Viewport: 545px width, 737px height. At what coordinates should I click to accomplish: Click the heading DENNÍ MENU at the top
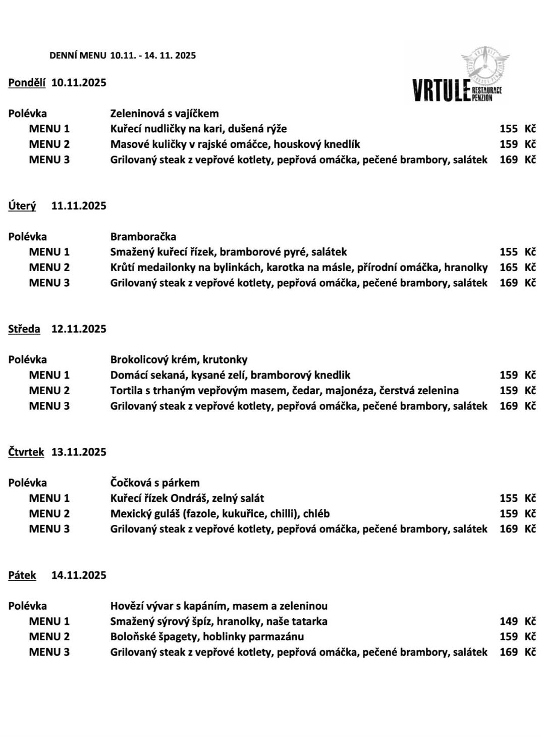(x=78, y=56)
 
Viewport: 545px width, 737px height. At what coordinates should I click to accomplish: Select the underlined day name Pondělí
(x=27, y=83)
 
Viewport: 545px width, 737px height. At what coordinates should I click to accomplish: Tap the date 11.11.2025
(x=79, y=206)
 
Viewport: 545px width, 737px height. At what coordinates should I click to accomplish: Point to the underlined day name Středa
(x=24, y=329)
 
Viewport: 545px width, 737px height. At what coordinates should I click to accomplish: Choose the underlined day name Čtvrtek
(x=26, y=452)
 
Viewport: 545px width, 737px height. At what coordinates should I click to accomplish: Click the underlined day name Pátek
(x=22, y=575)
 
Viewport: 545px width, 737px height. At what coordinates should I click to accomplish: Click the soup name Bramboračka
(x=143, y=237)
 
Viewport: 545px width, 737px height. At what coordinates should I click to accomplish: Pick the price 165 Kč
(x=517, y=268)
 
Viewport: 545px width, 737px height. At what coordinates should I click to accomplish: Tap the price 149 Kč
(x=517, y=621)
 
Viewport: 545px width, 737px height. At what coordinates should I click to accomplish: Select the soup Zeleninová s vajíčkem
(x=165, y=114)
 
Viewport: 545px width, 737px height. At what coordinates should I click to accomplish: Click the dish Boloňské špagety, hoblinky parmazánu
(x=207, y=637)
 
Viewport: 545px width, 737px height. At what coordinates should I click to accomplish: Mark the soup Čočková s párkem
(x=155, y=483)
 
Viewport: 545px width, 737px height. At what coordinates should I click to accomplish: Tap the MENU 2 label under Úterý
(x=49, y=268)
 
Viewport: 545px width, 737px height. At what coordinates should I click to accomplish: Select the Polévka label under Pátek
(x=27, y=606)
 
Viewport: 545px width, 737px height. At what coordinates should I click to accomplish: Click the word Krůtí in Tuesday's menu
(x=123, y=268)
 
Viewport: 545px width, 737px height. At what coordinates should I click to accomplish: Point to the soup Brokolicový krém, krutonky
(x=179, y=360)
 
